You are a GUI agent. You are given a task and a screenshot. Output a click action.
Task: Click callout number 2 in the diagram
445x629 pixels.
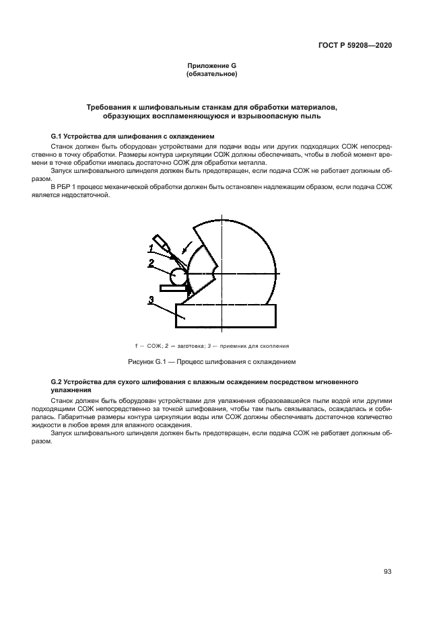click(x=152, y=262)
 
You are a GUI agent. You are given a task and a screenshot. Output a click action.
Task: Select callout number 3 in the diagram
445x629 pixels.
click(x=152, y=300)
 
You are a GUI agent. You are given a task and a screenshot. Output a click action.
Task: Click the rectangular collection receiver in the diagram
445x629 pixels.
click(x=225, y=315)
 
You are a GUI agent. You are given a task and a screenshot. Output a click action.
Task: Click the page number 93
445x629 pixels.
click(x=387, y=572)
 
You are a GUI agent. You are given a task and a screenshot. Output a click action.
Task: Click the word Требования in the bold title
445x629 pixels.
click(x=110, y=107)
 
